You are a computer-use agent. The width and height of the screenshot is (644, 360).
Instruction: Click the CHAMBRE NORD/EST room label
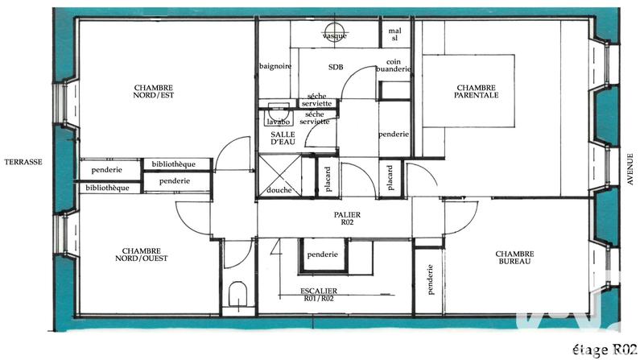pos(154,91)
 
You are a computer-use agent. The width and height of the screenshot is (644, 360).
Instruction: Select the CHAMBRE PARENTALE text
pos(477,91)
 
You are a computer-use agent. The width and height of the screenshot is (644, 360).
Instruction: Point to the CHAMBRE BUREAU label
pos(515,259)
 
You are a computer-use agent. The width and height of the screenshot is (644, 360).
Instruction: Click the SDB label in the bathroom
pos(336,67)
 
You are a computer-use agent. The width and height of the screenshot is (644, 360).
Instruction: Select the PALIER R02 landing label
pos(348,219)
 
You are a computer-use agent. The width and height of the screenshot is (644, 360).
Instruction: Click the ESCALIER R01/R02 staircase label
pos(320,294)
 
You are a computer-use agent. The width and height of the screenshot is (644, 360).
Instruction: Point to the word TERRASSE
pos(22,161)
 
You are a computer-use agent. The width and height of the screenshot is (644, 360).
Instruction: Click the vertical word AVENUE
pos(630,169)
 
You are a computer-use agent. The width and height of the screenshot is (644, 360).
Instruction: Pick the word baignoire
pos(275,66)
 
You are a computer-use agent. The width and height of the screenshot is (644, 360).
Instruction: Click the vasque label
pos(334,37)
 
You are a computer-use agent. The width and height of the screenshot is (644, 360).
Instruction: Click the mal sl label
pos(394,34)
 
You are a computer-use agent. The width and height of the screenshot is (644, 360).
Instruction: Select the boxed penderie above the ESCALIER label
pos(323,255)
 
